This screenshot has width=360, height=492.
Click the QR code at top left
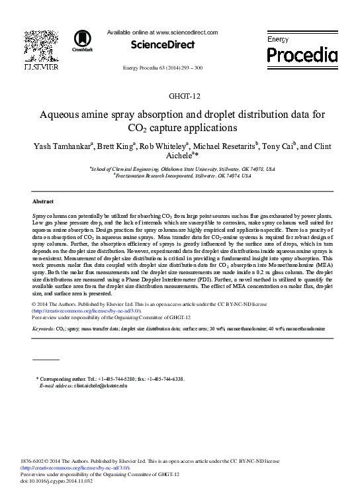[40, 45]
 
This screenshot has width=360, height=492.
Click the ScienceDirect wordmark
[163, 45]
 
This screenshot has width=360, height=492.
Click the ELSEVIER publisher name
[41, 68]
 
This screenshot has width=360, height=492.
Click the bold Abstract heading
[43, 201]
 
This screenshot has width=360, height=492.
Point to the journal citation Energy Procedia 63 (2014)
[163, 68]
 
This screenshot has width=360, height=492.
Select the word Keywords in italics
[43, 328]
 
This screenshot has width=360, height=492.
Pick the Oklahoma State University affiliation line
[183, 170]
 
